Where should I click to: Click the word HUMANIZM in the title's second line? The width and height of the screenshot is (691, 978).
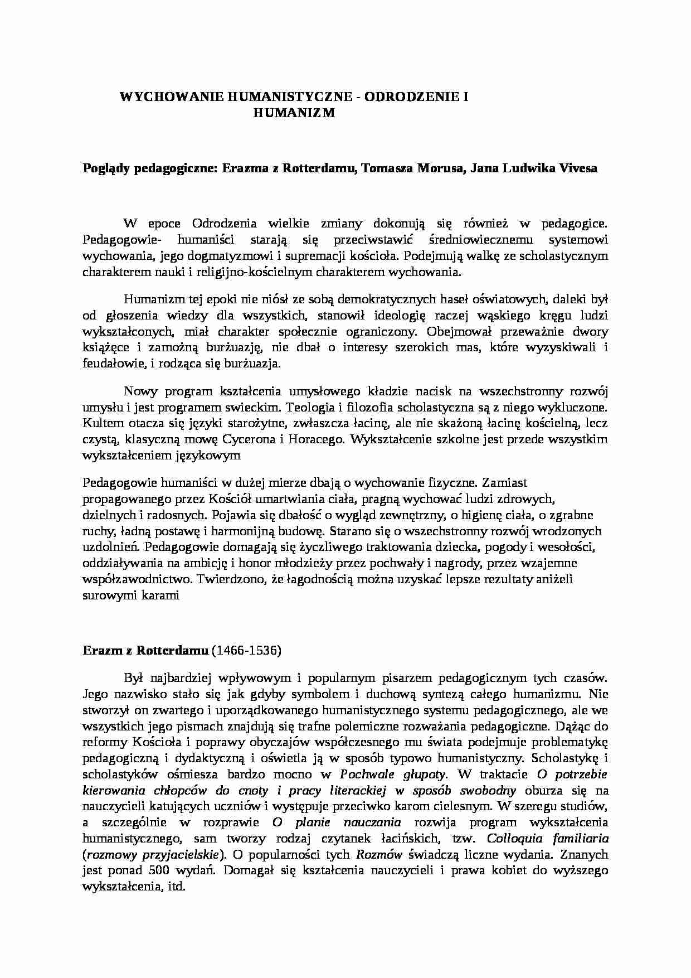[294, 113]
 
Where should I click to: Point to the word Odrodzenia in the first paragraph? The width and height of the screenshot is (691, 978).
[224, 224]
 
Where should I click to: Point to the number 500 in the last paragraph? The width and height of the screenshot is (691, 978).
[158, 871]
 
